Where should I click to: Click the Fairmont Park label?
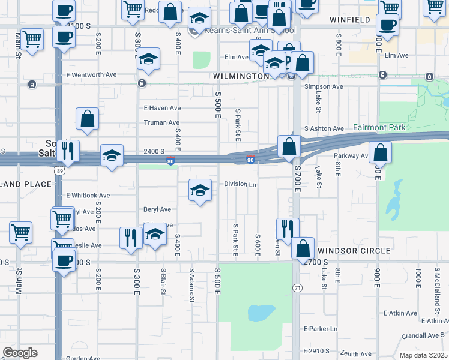point(379,127)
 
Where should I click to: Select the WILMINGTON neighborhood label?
point(241,76)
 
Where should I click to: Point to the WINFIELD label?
point(350,20)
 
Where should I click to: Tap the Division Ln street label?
point(240,184)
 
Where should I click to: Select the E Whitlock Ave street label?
point(88,196)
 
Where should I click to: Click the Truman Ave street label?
point(162,122)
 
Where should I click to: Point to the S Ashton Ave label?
point(324,128)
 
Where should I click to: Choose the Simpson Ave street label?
point(324,86)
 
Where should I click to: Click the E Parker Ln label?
point(321,329)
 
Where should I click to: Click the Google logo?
point(20,353)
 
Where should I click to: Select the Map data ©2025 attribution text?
point(423,355)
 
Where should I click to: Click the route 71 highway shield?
point(297,289)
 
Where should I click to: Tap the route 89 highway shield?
point(60,170)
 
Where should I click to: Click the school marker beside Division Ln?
point(200,191)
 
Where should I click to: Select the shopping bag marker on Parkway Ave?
point(380,153)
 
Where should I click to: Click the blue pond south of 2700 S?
point(261,313)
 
